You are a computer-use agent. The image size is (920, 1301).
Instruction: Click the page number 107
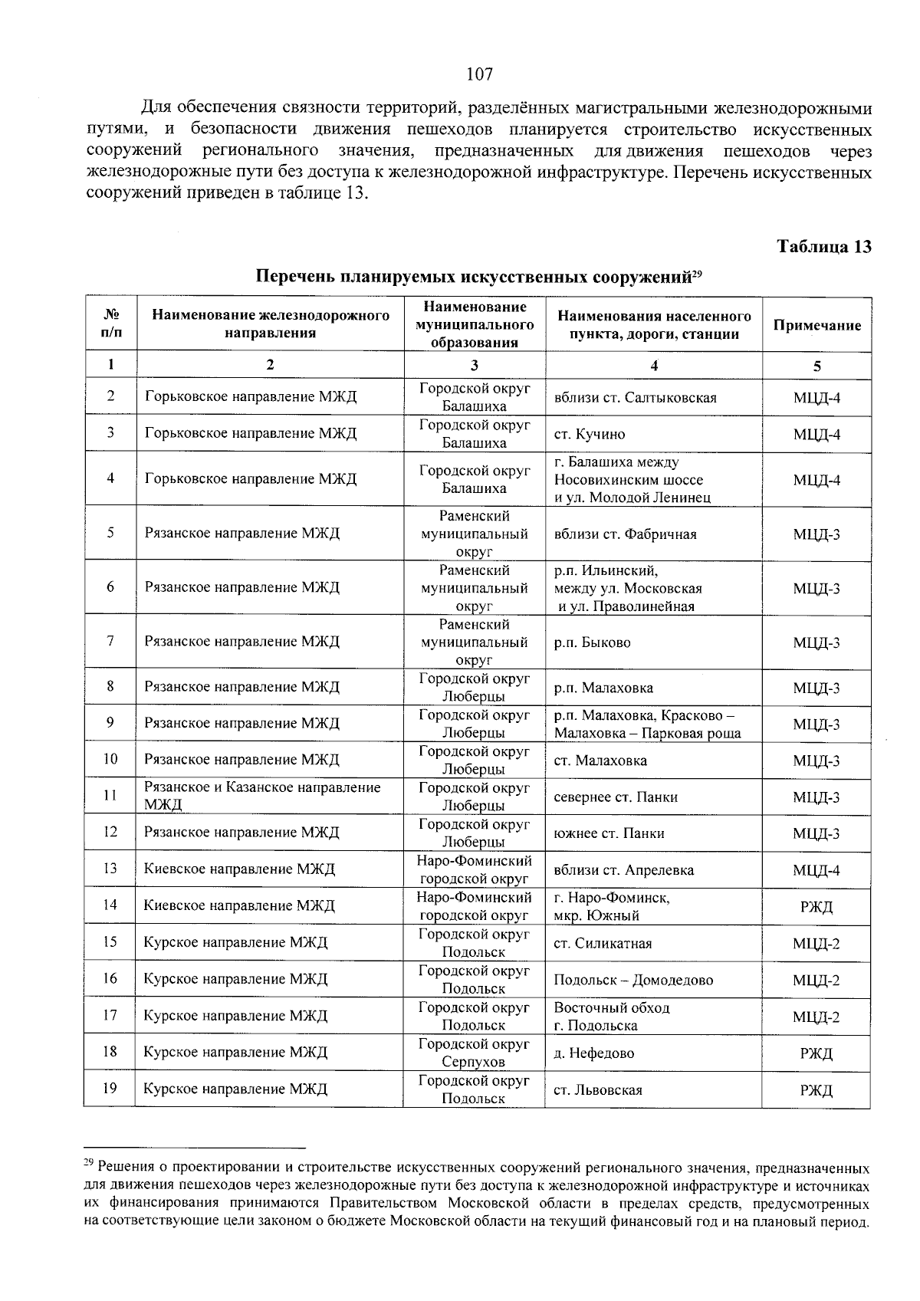[x=479, y=74]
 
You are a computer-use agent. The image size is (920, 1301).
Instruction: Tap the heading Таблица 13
[x=824, y=247]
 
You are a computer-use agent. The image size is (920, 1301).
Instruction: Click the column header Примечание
[x=816, y=326]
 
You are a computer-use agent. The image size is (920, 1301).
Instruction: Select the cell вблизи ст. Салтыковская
[x=635, y=398]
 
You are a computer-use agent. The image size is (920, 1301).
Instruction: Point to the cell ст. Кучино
[x=589, y=435]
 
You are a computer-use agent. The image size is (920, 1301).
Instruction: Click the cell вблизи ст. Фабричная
[x=625, y=534]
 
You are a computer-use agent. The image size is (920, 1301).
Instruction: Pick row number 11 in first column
[x=110, y=796]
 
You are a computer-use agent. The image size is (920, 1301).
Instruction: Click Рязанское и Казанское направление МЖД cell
[x=262, y=796]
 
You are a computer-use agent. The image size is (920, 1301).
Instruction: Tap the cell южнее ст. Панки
[x=609, y=833]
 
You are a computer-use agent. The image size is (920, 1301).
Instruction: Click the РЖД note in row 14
[x=816, y=907]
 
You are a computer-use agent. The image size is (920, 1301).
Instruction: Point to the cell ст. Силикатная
[x=603, y=944]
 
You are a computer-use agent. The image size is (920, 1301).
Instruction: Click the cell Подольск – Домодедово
[x=633, y=981]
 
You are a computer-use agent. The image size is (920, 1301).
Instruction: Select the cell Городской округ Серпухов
[x=474, y=1053]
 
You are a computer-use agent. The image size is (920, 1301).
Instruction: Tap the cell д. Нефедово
[x=593, y=1053]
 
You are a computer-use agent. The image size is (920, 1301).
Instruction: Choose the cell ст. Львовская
[x=598, y=1090]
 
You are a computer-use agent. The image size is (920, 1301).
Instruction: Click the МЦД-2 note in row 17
[x=816, y=1017]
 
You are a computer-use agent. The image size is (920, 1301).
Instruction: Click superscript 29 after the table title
[x=698, y=271]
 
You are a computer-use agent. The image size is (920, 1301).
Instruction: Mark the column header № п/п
[x=110, y=325]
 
